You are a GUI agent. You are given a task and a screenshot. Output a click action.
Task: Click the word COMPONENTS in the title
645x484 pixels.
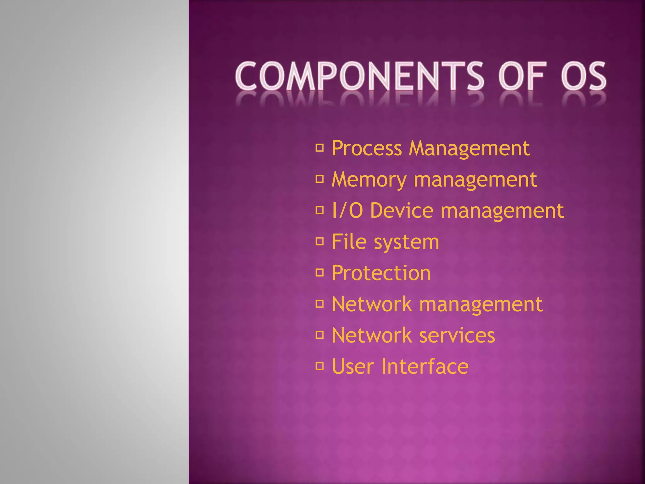359,76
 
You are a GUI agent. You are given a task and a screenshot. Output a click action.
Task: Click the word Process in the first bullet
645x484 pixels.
367,148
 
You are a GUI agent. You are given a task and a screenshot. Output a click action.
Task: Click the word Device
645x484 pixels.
402,210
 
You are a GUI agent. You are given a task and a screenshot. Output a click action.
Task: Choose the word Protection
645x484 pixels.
381,273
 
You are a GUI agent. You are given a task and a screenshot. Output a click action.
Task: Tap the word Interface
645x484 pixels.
425,366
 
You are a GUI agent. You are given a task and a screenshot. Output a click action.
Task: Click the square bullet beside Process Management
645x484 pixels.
320,148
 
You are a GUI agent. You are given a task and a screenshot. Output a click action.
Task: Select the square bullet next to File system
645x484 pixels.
320,242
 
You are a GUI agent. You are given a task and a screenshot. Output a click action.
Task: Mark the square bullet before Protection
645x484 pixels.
320,273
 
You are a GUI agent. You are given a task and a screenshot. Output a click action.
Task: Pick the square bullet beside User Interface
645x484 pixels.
320,366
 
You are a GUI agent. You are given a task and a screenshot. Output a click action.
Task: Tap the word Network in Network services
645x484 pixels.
372,335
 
